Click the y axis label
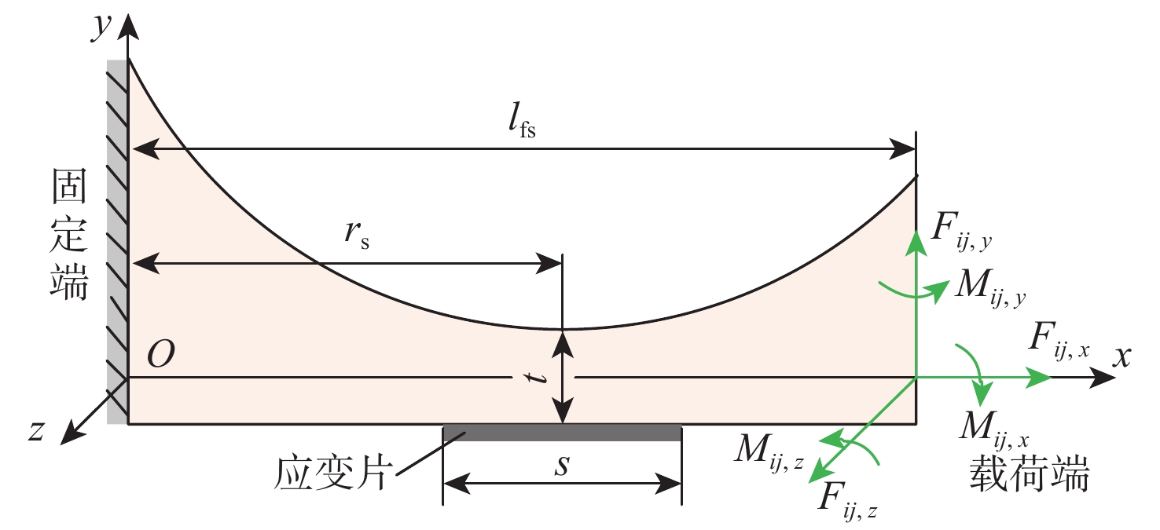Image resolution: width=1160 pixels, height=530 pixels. (101, 27)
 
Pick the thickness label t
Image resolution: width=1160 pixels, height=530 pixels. (538, 378)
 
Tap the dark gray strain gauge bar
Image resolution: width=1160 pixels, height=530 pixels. (562, 433)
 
